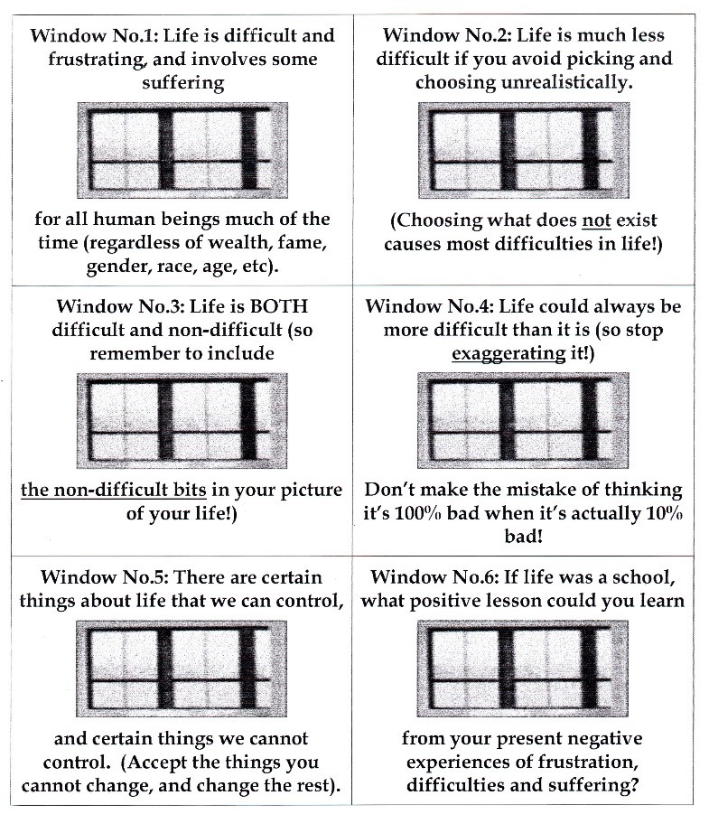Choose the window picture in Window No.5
(x=182, y=662)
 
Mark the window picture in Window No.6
(x=531, y=662)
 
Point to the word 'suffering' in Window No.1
(x=182, y=83)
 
